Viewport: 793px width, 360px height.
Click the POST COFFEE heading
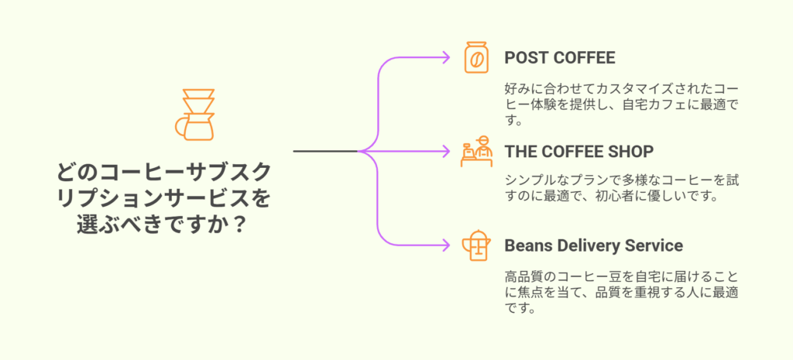click(x=560, y=58)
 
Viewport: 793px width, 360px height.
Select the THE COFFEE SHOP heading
click(x=579, y=151)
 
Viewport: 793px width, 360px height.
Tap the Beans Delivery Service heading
click(x=594, y=245)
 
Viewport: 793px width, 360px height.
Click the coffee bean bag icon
click(x=476, y=57)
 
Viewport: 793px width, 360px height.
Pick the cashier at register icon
click(x=476, y=151)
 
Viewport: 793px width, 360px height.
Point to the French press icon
click(x=476, y=245)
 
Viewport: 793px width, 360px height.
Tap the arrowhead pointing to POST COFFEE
click(x=446, y=57)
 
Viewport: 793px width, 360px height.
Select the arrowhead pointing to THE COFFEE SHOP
click(x=446, y=151)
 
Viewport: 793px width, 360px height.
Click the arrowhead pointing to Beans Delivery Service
click(x=446, y=245)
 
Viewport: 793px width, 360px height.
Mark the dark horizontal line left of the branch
click(x=326, y=151)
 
